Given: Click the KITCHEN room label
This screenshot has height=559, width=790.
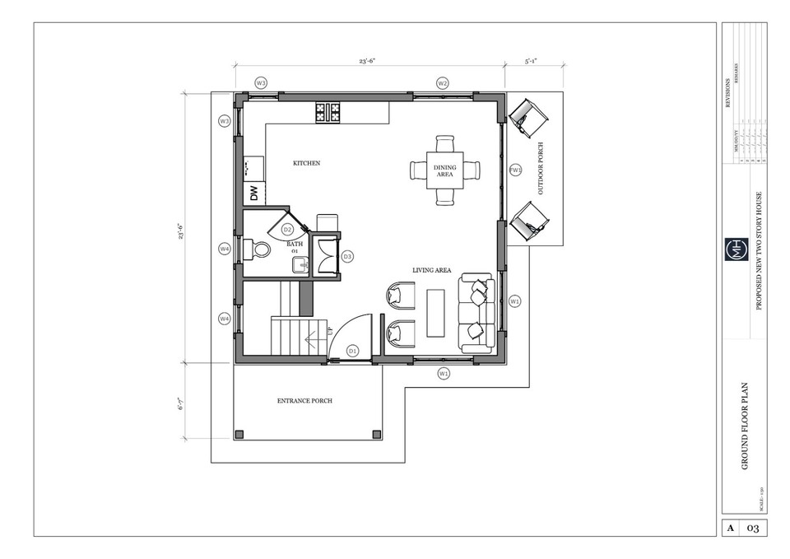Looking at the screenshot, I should click(306, 164).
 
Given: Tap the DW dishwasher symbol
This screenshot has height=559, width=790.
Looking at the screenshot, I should click(254, 194).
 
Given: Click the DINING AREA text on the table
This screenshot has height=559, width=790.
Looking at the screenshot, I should click(444, 170).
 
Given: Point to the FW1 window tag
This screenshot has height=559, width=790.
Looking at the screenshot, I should click(516, 170).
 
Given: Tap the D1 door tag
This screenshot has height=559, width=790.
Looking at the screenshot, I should click(352, 351).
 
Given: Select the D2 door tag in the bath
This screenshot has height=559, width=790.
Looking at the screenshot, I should click(287, 230).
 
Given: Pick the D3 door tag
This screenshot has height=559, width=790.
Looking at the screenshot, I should click(347, 257).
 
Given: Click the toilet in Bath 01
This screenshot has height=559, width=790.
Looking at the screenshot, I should click(260, 249).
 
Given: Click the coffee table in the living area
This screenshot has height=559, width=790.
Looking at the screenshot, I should click(435, 314).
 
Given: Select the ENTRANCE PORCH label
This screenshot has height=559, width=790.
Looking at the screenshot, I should click(304, 401).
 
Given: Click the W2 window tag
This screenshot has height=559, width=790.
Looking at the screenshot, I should click(442, 83).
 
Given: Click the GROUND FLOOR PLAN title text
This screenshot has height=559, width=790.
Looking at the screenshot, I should click(745, 426).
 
